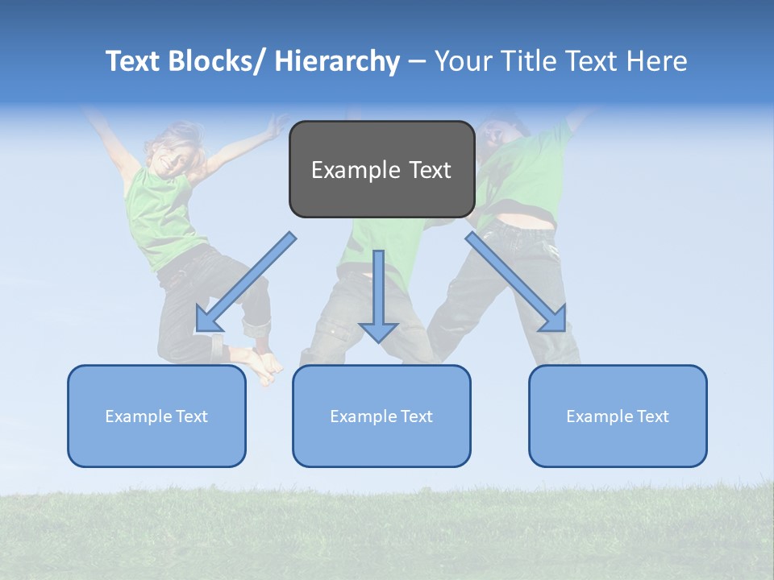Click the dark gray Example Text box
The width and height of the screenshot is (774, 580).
click(381, 169)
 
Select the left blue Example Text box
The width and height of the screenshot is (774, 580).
click(156, 416)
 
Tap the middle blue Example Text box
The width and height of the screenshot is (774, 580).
click(381, 416)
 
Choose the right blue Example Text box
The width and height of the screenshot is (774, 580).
click(618, 416)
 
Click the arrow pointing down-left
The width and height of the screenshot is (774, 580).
click(246, 282)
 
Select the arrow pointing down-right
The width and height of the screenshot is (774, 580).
click(516, 282)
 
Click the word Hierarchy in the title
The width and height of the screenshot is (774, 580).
click(337, 61)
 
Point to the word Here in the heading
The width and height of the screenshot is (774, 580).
click(655, 61)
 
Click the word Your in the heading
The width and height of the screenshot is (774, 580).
click(461, 61)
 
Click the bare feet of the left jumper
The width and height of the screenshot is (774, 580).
click(264, 367)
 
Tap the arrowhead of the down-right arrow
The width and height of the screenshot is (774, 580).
click(554, 319)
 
